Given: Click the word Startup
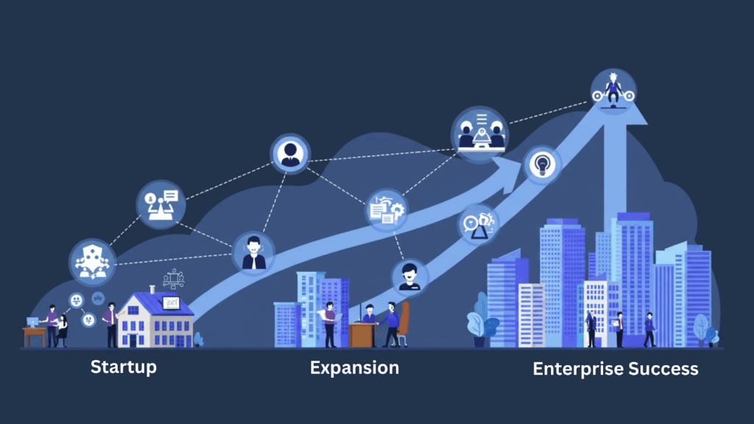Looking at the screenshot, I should tap(123, 366).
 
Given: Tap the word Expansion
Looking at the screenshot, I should tap(354, 367).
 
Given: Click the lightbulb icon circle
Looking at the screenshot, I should tap(543, 164).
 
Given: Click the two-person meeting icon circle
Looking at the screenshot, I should tap(479, 133).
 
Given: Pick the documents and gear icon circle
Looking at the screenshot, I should tap(387, 209).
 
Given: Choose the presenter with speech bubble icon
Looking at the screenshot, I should tap(161, 204).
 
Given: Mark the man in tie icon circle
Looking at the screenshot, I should tap(289, 153).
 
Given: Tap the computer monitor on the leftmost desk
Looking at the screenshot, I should tap(33, 322).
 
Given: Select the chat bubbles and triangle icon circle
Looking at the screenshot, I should tap(478, 224).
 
